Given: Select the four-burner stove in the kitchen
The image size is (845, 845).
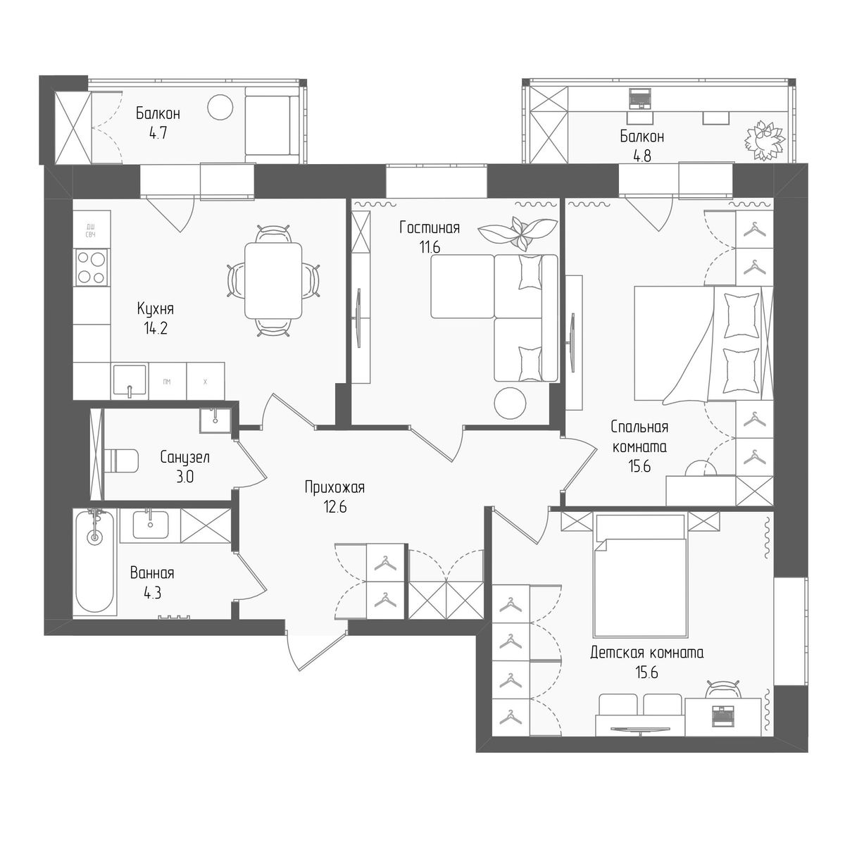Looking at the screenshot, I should pyautogui.click(x=92, y=267).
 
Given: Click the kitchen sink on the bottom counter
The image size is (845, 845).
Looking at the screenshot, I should pyautogui.click(x=129, y=381).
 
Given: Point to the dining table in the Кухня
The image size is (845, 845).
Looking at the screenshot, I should pyautogui.click(x=273, y=280).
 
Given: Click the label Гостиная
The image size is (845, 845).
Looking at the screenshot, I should pyautogui.click(x=429, y=227).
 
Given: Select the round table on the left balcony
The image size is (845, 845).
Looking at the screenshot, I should pyautogui.click(x=220, y=108).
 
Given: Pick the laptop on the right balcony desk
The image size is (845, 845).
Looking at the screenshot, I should pyautogui.click(x=639, y=99).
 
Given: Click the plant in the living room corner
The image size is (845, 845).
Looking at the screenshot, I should pyautogui.click(x=519, y=232).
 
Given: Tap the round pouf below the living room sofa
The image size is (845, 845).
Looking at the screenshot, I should pyautogui.click(x=509, y=403).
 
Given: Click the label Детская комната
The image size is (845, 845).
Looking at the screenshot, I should pyautogui.click(x=646, y=653).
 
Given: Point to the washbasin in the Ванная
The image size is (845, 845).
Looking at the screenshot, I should pyautogui.click(x=149, y=525).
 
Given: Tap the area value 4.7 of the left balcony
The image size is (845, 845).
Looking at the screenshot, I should pyautogui.click(x=157, y=131).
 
